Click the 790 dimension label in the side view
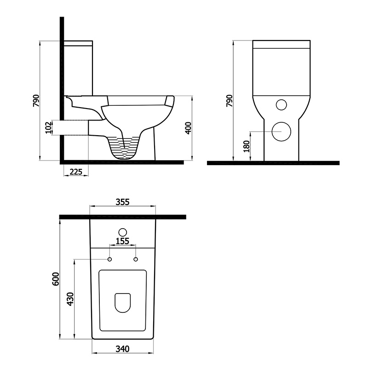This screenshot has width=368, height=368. click(36, 101)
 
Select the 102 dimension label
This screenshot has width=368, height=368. click(48, 128)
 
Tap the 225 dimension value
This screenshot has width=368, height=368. click(76, 172)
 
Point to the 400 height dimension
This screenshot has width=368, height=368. click(189, 128)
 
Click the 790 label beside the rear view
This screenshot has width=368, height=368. click(229, 101)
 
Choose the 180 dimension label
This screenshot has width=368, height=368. click(247, 146)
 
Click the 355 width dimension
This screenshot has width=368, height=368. click(122, 201)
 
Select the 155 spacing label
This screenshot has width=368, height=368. click(122, 241)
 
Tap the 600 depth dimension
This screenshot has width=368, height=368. click(56, 279)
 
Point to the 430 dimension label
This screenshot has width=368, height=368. click(70, 299)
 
